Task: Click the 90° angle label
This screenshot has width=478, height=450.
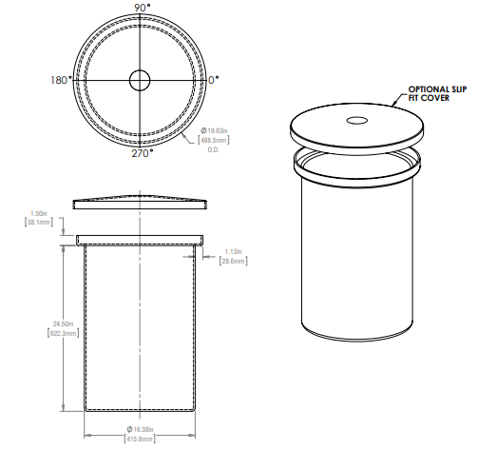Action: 141,8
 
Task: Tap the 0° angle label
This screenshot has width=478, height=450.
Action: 214,81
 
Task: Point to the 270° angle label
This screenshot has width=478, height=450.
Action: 141,154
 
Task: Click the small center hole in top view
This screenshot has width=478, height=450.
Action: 140,80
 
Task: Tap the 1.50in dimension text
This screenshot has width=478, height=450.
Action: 39,213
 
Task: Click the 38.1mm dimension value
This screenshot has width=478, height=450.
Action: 38,222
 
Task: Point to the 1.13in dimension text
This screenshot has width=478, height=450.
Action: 233,251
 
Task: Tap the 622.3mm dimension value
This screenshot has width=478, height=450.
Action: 37,332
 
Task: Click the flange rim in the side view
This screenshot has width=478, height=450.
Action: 140,239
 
